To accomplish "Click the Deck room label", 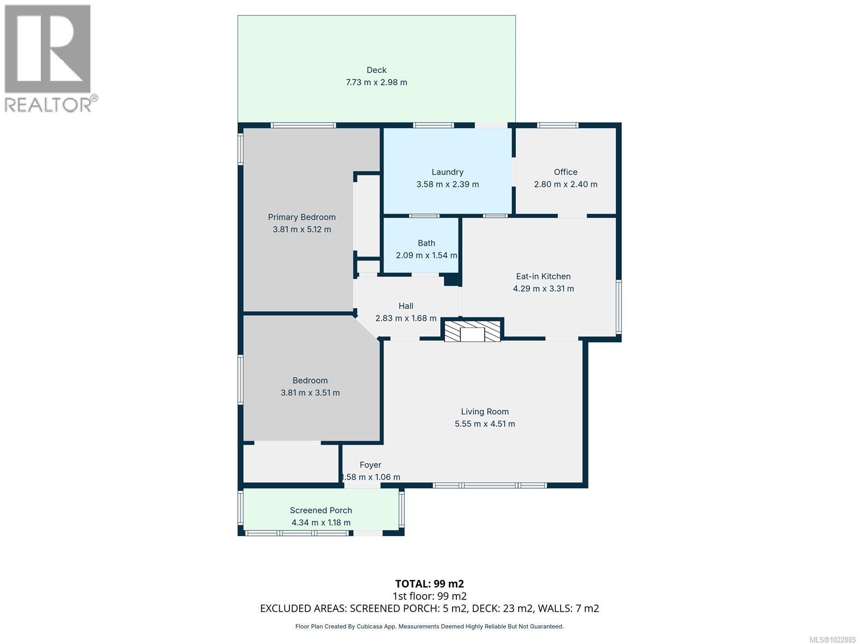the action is tap(376, 70).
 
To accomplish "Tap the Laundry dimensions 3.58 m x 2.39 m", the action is tap(447, 184).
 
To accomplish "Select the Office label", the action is tap(565, 172).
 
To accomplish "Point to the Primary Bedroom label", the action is tap(301, 217).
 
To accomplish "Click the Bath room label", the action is tap(426, 243).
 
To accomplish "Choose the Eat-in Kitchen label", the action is tap(543, 276).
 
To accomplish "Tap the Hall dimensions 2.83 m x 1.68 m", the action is tap(406, 318).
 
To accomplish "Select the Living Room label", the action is tap(484, 411).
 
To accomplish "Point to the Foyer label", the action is tap(370, 465).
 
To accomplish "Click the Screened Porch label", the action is tap(321, 510).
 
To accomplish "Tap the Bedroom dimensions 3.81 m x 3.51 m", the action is tap(310, 393).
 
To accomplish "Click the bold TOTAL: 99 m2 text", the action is tap(429, 583).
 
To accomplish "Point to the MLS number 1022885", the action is tap(833, 640).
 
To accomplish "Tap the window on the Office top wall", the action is tap(557, 126).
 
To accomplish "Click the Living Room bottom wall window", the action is tap(490, 485).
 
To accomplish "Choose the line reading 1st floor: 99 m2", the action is tap(429, 596).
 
